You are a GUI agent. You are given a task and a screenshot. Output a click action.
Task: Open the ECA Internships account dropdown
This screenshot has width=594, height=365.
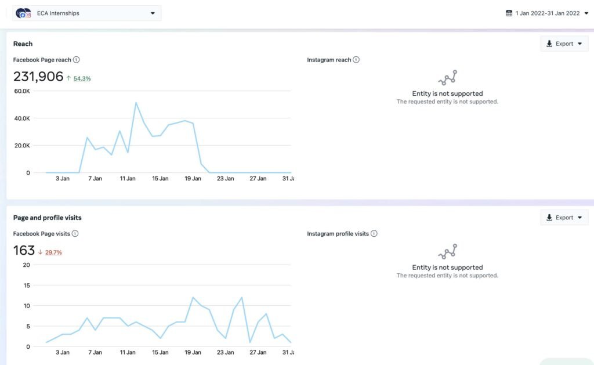86,13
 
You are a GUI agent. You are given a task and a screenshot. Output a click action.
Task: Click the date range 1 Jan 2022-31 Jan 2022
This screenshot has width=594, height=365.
548,13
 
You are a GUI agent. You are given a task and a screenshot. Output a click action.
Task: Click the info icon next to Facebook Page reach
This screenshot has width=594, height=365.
77,60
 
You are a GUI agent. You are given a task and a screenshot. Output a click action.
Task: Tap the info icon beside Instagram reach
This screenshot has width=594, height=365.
356,60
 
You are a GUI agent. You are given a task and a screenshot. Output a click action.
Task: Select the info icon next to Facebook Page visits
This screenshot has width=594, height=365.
75,233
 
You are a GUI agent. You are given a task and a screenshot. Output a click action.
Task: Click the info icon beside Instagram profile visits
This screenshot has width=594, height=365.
374,233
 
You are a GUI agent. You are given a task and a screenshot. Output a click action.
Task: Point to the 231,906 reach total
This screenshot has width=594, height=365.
38,77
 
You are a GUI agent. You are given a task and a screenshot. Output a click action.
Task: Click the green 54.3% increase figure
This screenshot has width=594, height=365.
82,78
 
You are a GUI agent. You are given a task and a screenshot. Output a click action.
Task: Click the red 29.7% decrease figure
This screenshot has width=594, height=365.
53,252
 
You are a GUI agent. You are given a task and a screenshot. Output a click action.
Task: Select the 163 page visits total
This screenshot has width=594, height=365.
24,251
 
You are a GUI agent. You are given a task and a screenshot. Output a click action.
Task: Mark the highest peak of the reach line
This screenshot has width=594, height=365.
136,102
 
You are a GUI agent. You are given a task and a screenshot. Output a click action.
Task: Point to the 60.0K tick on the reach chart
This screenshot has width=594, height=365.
22,91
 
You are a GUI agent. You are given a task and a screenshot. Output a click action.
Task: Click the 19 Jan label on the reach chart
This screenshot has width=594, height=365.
193,179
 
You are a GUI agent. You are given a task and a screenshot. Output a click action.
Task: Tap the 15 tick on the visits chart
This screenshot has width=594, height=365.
27,286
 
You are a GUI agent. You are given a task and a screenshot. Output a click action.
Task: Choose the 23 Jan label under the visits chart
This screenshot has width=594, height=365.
226,352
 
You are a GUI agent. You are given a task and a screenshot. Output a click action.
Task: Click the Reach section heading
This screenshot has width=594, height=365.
23,44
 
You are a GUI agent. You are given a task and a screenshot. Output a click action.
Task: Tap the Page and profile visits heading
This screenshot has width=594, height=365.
48,218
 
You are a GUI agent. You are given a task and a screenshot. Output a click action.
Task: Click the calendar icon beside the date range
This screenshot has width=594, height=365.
509,13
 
